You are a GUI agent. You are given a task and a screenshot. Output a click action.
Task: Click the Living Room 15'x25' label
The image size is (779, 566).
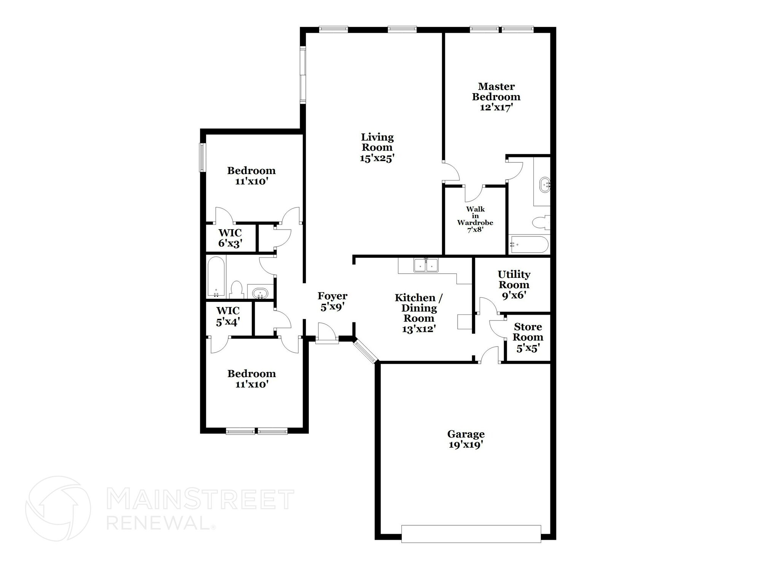377,147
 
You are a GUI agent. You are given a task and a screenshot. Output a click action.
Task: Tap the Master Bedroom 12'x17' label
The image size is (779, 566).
496,97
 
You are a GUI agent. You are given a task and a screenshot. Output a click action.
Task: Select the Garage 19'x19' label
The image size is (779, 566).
466,439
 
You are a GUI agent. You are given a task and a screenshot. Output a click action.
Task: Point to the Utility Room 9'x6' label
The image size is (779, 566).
514,285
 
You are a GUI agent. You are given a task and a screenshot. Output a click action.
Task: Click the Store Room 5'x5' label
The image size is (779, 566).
528,337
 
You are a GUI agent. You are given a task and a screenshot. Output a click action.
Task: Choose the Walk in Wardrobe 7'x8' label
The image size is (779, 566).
475,219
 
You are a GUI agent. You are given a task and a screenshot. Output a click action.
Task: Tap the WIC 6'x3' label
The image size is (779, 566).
230,238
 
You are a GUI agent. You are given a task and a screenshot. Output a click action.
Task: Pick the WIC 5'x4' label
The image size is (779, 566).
228,316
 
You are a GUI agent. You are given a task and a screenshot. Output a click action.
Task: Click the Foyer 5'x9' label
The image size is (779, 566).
332,301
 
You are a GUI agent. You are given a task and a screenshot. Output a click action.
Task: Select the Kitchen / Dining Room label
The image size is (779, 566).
418,313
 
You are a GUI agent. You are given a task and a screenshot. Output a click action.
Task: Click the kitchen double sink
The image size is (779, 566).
426,265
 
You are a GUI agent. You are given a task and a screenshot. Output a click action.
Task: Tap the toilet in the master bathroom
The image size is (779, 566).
541,223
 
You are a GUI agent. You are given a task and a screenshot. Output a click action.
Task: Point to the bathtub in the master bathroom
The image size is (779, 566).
529,244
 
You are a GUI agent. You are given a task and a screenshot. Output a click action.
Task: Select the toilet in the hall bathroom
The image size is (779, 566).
237,290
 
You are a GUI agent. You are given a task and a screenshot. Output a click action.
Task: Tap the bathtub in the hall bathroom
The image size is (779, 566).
216,277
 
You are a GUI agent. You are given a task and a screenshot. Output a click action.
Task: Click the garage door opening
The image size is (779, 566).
471,534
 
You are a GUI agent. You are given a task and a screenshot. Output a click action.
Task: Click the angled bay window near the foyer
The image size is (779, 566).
365,352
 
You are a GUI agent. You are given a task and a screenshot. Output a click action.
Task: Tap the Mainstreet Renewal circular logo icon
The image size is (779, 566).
58,508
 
